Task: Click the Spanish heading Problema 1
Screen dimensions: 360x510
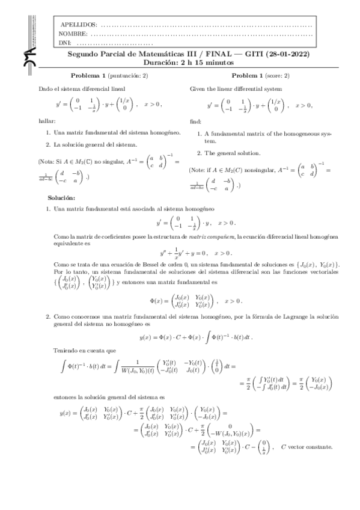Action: pos(97,76)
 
